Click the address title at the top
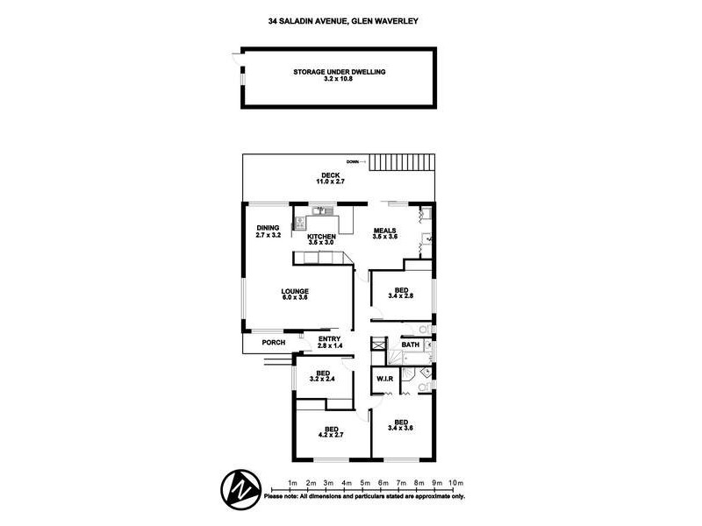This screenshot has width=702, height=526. click(343, 21)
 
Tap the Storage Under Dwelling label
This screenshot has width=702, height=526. click(339, 75)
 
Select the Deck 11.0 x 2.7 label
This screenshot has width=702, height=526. click(331, 179)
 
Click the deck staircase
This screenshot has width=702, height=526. click(402, 162)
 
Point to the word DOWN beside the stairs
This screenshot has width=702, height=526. click(353, 161)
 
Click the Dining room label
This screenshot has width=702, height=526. click(269, 231)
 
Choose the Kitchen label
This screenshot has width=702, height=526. click(321, 239)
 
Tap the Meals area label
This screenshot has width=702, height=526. click(385, 233)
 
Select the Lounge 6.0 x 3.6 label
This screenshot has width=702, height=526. click(295, 295)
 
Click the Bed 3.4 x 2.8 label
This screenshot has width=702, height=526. click(401, 293)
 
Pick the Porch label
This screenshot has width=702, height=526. click(273, 343)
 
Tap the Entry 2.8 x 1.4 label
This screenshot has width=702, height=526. click(330, 342)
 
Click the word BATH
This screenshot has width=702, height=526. click(411, 345)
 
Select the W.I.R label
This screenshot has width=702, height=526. click(384, 379)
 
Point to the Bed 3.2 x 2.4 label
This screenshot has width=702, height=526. click(322, 376)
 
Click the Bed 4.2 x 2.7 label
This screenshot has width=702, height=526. click(331, 432)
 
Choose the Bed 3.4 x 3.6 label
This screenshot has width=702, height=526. click(401, 425)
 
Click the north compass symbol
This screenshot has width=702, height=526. click(240, 490)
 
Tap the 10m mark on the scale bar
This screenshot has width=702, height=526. click(455, 483)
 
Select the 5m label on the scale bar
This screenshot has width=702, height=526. click(365, 483)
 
